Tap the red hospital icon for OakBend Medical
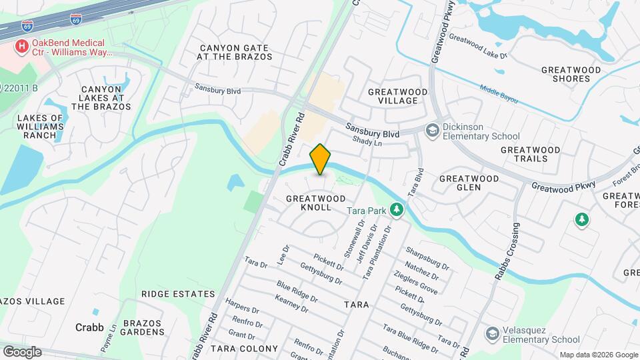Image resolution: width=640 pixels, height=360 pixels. tap(22, 47)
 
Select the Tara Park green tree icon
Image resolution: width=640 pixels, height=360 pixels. tap(397, 211)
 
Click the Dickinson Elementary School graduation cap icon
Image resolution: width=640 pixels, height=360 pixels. tap(433, 130)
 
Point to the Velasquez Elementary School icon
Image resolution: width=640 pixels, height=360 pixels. tap(493, 333)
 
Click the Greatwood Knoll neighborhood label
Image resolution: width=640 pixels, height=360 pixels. tap(316, 203)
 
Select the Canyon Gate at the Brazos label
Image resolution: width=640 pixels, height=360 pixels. tap(234, 52)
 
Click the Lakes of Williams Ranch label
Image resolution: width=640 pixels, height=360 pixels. tap(39, 126)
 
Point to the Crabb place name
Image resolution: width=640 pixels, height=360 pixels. tap(89, 327)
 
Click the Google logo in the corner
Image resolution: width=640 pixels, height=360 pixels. tap(21, 352)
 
